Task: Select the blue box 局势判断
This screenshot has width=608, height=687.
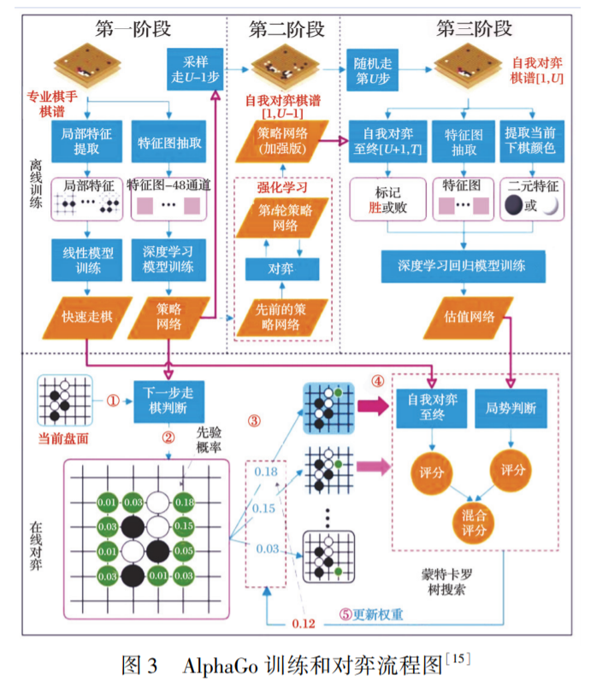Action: pyautogui.click(x=511, y=408)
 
